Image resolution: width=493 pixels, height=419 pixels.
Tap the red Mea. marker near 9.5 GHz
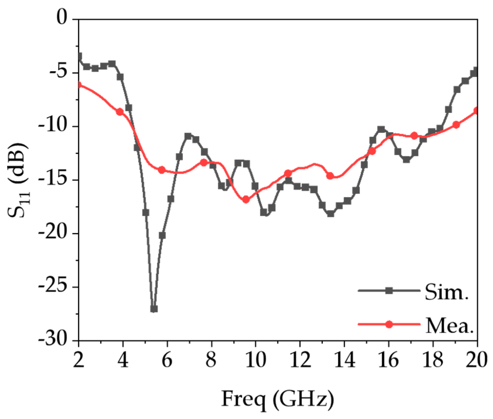coord(246,200)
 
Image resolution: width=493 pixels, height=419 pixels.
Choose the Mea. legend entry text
coord(449,326)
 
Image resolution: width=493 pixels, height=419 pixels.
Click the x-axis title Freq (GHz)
coord(278,399)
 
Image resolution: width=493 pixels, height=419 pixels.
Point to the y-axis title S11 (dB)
coord(18,180)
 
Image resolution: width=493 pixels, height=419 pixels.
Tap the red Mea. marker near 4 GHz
coord(119,112)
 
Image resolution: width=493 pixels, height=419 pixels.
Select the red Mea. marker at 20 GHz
coord(477,111)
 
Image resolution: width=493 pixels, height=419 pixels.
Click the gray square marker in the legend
coord(389,291)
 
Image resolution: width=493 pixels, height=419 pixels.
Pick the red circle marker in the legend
coord(389,324)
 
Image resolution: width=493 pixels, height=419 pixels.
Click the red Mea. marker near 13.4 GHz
coord(330,176)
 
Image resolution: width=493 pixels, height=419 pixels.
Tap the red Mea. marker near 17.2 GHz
coord(414,136)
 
